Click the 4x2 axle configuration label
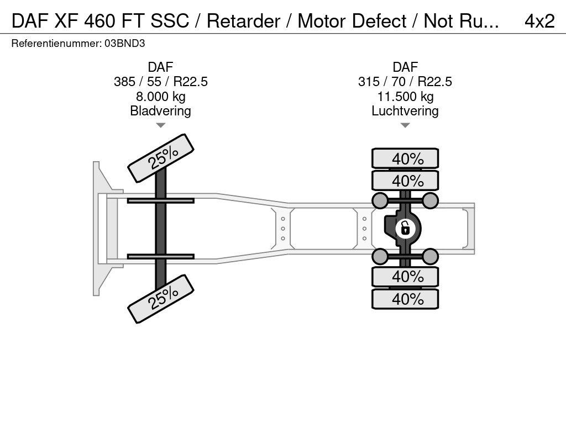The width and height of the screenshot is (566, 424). coord(539,21)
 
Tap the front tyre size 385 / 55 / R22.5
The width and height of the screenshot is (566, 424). coord(160,82)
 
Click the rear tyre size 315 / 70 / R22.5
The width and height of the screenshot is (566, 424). coord(405,82)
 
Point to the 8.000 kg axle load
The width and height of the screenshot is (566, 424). coord(160,97)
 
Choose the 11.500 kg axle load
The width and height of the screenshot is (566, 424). coord(405,97)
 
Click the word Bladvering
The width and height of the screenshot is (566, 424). coord(160,111)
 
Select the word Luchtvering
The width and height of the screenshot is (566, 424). coord(405,111)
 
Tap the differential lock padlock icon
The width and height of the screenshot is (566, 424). coord(405,227)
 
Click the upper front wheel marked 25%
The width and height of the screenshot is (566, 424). coord(161,158)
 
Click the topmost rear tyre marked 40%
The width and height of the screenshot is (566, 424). coord(405,158)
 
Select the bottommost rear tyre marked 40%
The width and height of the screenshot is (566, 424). coord(405,299)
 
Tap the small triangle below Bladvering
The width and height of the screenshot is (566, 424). coord(160,125)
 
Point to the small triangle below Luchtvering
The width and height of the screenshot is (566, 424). coord(405,125)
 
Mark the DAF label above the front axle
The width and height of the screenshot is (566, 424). coord(160,67)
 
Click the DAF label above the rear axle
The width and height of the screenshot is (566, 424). coord(405,67)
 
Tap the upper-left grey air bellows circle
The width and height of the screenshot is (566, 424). coord(380,200)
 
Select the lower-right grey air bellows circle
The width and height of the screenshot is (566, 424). coord(431,256)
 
